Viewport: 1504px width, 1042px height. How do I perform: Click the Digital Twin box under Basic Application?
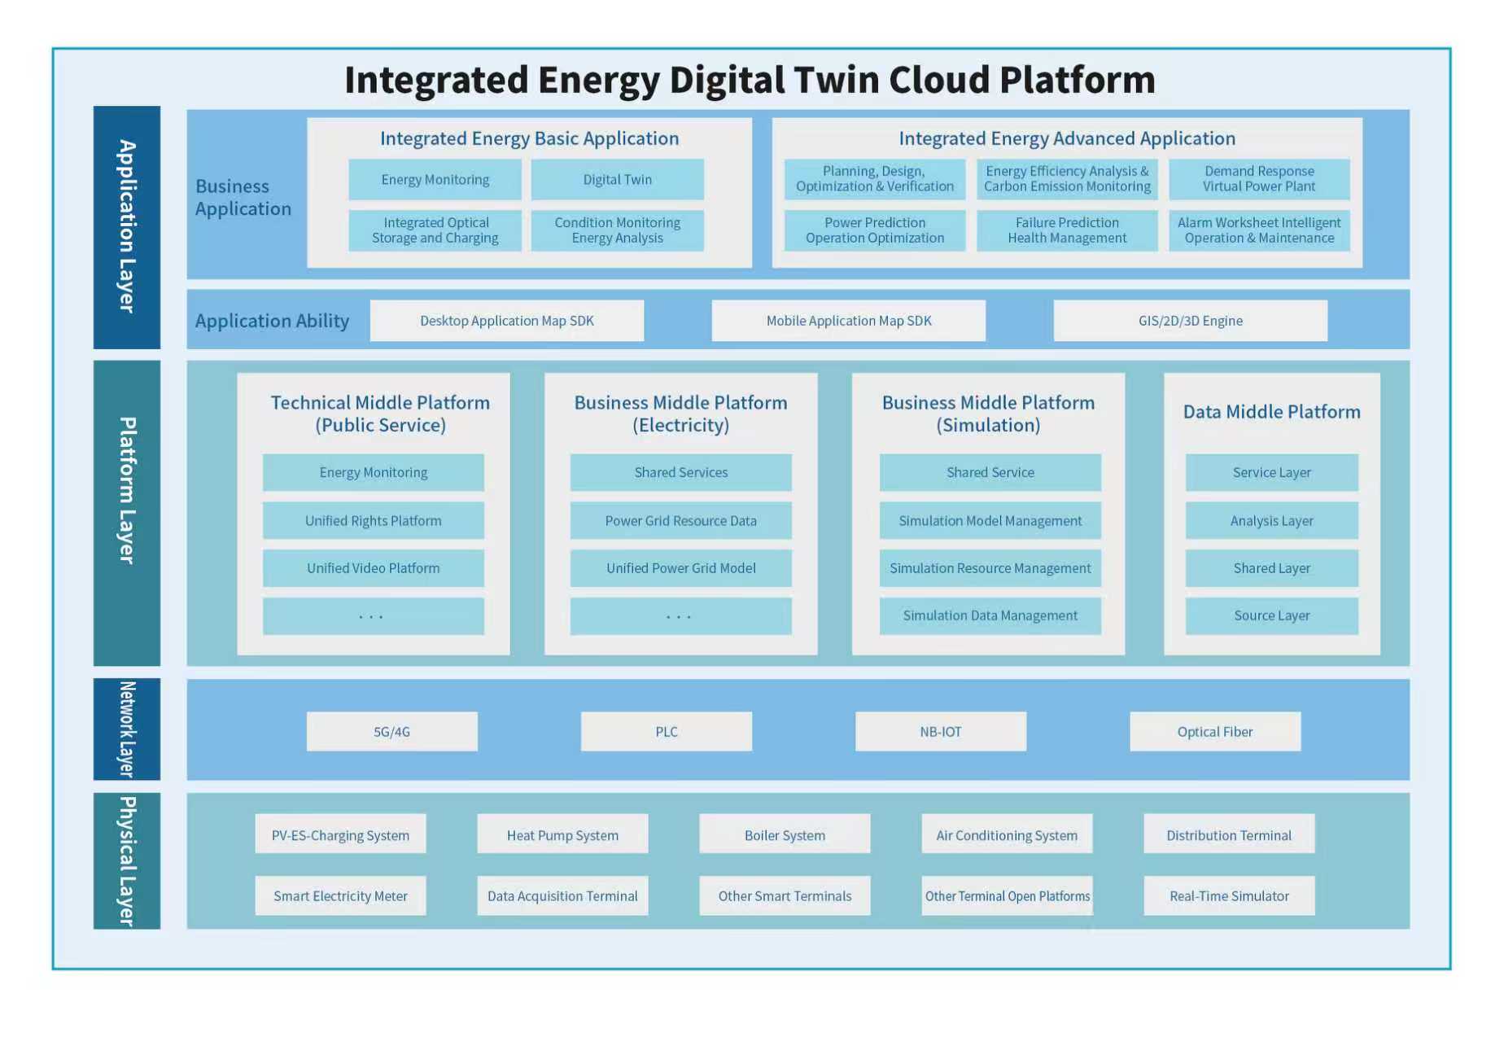(617, 180)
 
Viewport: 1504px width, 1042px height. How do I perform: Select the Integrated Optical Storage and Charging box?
(435, 230)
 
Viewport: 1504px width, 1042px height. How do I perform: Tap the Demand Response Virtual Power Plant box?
(1258, 179)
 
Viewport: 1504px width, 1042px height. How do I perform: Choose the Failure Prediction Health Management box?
(1066, 230)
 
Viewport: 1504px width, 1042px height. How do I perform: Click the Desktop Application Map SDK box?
(506, 321)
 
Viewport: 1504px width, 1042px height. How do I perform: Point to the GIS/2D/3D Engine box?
(1190, 321)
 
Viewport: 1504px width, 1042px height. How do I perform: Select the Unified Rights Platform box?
(373, 521)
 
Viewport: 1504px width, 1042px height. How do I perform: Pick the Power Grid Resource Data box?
(680, 521)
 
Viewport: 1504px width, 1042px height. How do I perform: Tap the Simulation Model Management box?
(990, 521)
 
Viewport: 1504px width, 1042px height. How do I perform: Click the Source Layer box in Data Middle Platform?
(1271, 616)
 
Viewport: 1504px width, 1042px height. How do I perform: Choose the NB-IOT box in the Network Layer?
(940, 732)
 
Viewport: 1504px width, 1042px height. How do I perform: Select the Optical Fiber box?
(1214, 732)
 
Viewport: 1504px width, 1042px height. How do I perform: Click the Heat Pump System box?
(562, 835)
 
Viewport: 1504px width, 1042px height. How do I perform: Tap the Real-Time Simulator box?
(1229, 896)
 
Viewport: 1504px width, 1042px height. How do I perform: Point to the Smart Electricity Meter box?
(340, 896)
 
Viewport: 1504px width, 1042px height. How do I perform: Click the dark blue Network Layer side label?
(126, 729)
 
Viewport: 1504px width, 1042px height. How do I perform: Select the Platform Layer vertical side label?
(126, 513)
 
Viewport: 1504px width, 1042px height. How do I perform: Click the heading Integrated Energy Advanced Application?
(1066, 139)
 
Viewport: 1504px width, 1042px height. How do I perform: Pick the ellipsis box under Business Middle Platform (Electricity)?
(680, 616)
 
